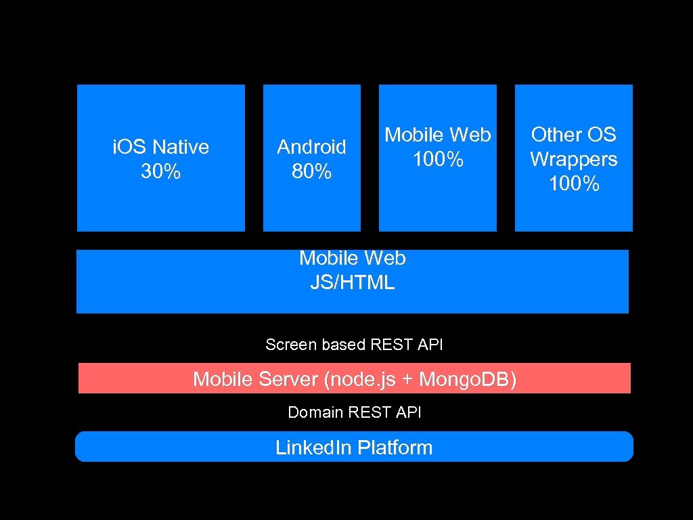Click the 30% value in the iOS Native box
click(160, 172)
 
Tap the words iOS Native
click(160, 147)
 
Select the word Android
click(311, 147)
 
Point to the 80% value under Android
click(311, 172)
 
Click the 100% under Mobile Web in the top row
click(438, 160)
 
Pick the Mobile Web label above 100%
click(438, 135)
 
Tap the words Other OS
click(574, 135)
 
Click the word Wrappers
click(574, 159)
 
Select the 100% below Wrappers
click(574, 184)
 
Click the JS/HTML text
click(352, 282)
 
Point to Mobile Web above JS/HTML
click(352, 258)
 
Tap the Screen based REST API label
click(354, 345)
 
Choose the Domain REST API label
click(354, 412)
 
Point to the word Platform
click(395, 448)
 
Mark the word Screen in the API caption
click(291, 345)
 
